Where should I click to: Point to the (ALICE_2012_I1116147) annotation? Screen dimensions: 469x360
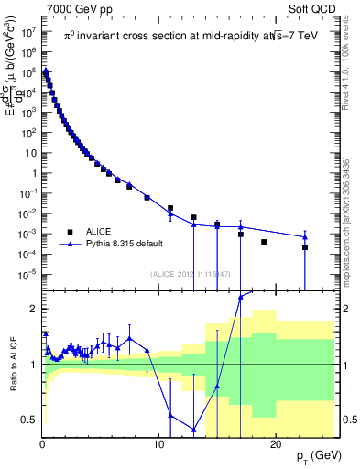pos(189,274)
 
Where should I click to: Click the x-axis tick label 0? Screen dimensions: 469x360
pos(42,444)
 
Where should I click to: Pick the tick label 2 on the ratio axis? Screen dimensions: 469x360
pos(33,309)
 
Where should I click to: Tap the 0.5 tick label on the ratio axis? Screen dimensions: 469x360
pos(29,420)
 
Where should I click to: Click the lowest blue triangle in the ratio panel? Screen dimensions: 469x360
pos(194,430)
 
